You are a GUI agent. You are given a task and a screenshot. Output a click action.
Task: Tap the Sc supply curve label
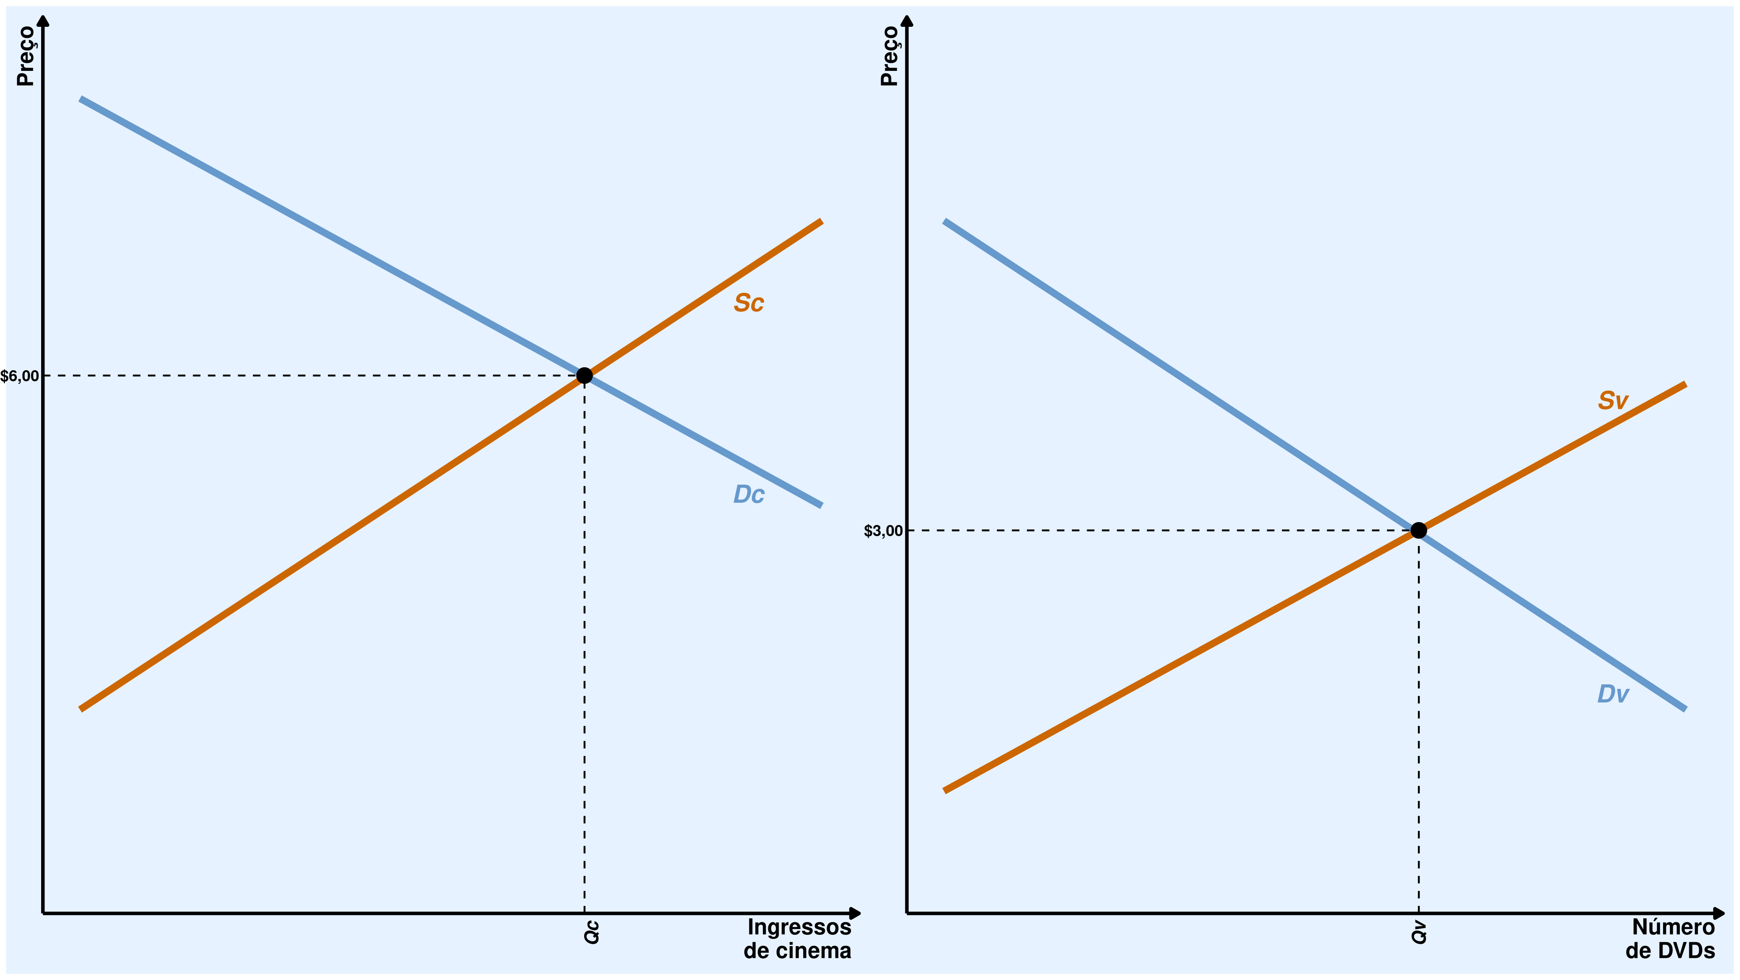click(748, 303)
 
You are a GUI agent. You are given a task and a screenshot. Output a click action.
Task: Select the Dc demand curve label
click(748, 495)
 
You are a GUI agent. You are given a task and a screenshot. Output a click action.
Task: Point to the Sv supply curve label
click(1612, 401)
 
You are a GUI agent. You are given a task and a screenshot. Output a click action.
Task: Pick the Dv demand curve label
click(1612, 694)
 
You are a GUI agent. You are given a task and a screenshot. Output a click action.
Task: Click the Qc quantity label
click(592, 932)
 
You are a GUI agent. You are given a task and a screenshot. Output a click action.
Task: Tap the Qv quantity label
click(1419, 932)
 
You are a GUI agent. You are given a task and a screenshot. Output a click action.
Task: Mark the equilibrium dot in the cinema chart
click(584, 376)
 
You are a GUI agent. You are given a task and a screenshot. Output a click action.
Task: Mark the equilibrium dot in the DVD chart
click(1418, 530)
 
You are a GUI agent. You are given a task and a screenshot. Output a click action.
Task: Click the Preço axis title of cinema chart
click(26, 56)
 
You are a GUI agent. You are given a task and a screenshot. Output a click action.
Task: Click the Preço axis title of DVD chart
click(890, 56)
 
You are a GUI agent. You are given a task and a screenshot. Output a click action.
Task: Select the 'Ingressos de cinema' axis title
click(798, 939)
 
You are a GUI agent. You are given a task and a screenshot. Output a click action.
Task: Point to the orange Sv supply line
click(1182, 660)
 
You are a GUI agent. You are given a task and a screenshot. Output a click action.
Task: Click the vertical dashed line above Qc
click(584, 642)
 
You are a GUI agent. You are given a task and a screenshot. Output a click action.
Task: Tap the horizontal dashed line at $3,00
click(1148, 530)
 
